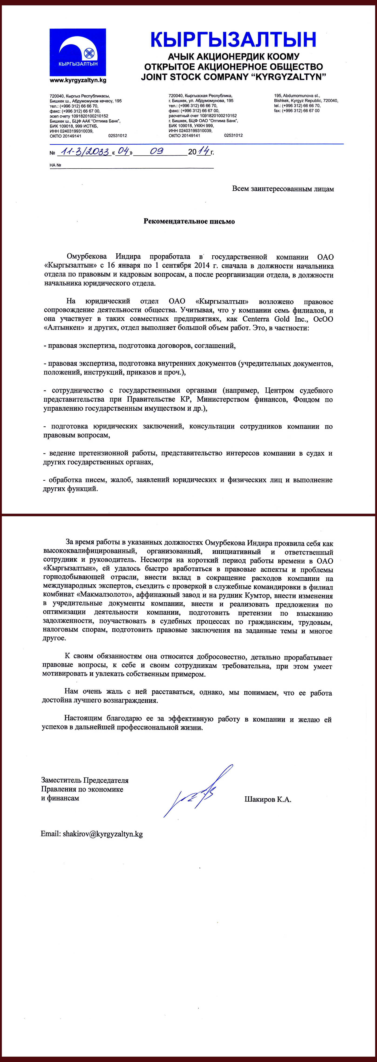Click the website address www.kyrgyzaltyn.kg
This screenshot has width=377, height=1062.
pyautogui.click(x=78, y=80)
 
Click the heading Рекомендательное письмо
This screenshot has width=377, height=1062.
pyautogui.click(x=189, y=221)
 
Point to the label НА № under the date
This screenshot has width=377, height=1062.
pyautogui.click(x=55, y=165)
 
